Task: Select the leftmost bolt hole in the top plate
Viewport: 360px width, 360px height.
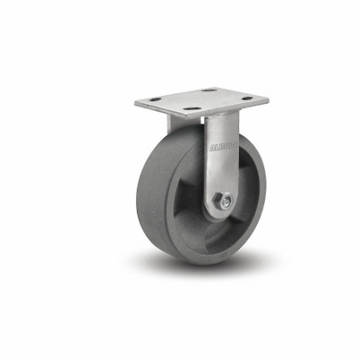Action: point(154,99)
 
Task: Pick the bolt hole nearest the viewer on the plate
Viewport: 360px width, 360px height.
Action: point(191,107)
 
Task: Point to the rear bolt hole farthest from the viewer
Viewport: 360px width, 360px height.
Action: point(208,91)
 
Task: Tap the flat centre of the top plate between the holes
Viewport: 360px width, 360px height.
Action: point(201,99)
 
